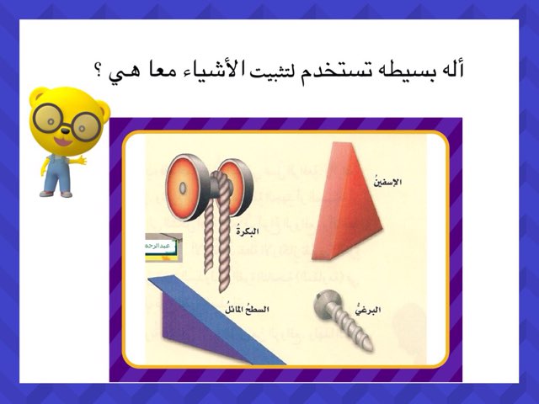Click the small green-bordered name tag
point(157,245)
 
